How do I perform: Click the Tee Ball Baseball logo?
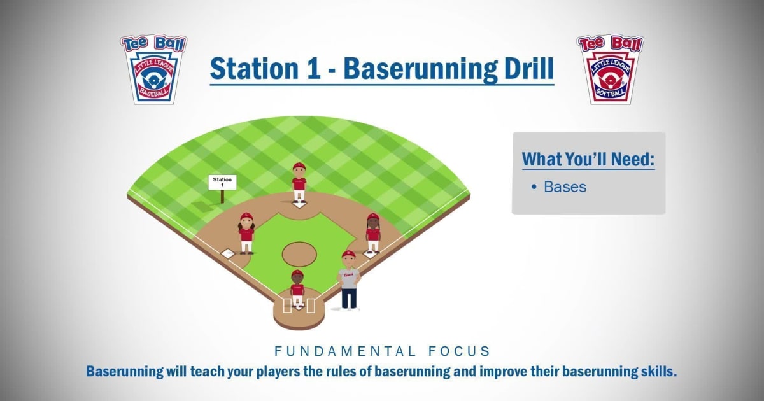pyautogui.click(x=153, y=69)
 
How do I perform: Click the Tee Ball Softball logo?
pyautogui.click(x=610, y=69)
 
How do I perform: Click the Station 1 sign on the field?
pyautogui.click(x=222, y=183)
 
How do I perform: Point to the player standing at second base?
pyautogui.click(x=299, y=183)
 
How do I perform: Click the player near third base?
pyautogui.click(x=246, y=233)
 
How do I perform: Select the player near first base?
pyautogui.click(x=373, y=233)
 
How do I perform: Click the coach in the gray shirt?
pyautogui.click(x=348, y=280)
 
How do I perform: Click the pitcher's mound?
pyautogui.click(x=299, y=253)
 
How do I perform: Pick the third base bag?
pyautogui.click(x=228, y=254)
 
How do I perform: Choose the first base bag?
pyautogui.click(x=369, y=255)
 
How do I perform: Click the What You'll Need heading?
pyautogui.click(x=588, y=159)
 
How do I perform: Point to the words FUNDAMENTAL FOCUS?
pyautogui.click(x=382, y=351)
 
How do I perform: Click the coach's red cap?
pyautogui.click(x=348, y=255)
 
